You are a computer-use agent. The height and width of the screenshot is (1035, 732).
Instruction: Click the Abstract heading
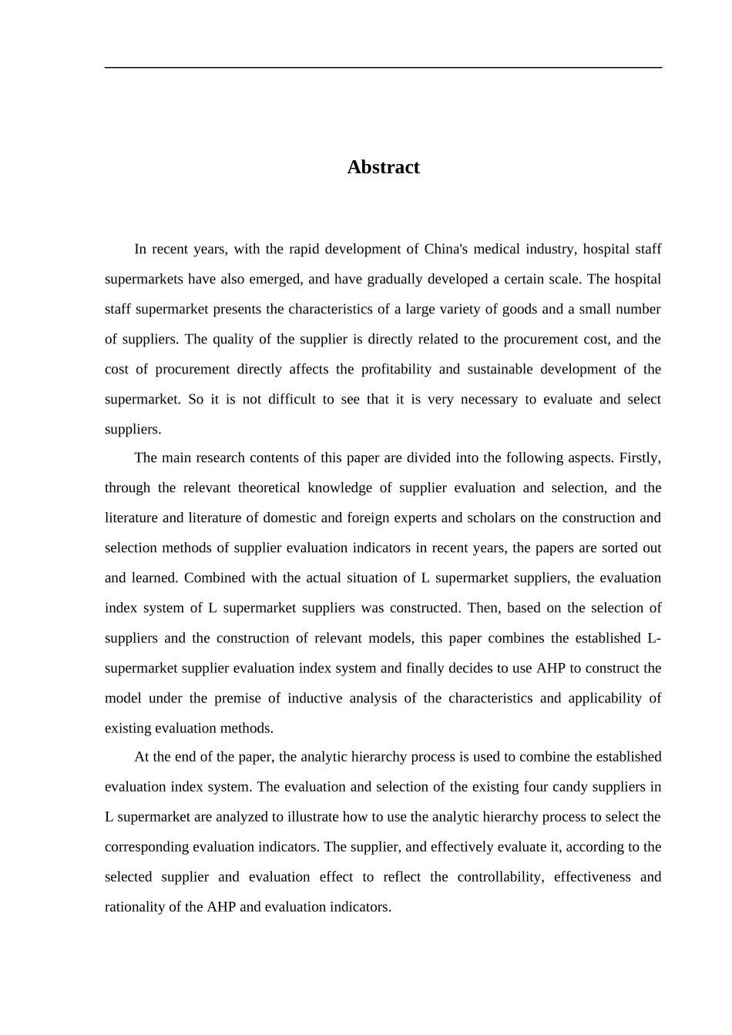click(383, 167)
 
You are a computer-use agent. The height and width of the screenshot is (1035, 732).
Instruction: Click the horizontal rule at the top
click(383, 68)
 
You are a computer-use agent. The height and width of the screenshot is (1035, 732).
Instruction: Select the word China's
click(447, 249)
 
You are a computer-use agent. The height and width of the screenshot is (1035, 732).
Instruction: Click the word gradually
click(393, 279)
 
